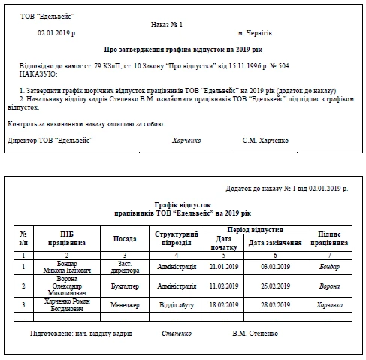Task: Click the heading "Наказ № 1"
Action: [x=167, y=24]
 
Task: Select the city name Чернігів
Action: [x=255, y=34]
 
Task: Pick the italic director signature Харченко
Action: [x=186, y=141]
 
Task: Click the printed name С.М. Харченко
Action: [x=265, y=141]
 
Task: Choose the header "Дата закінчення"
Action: [x=274, y=243]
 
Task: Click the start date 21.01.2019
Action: [x=224, y=267]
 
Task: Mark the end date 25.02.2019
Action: [x=274, y=286]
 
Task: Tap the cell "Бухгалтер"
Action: [x=125, y=286]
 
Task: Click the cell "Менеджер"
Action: [x=125, y=305]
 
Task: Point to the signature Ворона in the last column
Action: [x=329, y=286]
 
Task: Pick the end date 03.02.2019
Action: [x=274, y=267]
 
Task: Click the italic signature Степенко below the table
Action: [x=176, y=331]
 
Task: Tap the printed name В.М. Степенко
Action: [x=255, y=331]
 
